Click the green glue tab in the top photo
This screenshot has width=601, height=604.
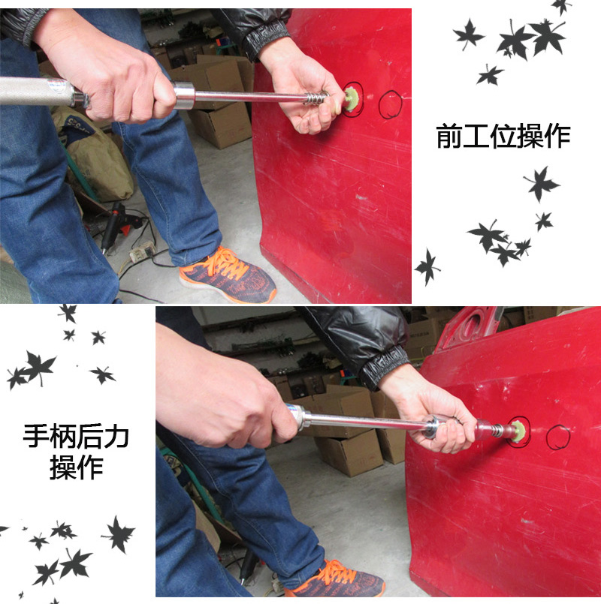(x=352, y=100)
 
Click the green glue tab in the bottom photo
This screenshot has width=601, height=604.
(x=519, y=431)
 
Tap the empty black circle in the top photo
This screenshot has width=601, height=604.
(x=390, y=104)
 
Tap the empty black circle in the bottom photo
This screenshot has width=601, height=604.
(x=557, y=437)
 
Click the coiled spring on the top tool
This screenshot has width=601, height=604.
(x=316, y=98)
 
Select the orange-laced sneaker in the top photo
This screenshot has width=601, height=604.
(x=228, y=274)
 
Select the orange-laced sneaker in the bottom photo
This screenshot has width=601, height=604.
(x=334, y=578)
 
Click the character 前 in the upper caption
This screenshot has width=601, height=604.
(x=449, y=136)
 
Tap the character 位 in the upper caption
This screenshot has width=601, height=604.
(x=503, y=136)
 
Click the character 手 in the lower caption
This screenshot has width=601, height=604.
(x=36, y=436)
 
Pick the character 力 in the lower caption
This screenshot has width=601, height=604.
(x=116, y=436)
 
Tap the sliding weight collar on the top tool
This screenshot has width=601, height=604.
(x=184, y=95)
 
